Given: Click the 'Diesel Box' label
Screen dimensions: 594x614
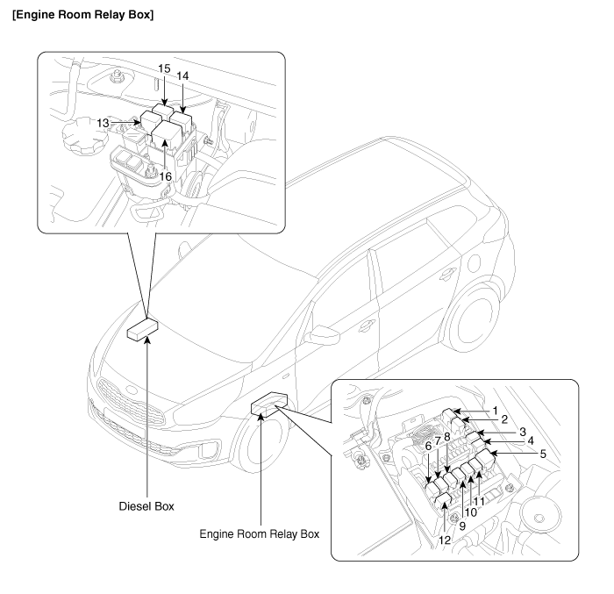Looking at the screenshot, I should [146, 506].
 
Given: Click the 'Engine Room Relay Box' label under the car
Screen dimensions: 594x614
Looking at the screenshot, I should [260, 533].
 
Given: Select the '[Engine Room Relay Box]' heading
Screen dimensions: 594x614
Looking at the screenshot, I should [83, 17].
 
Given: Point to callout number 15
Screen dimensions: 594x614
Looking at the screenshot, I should [164, 68].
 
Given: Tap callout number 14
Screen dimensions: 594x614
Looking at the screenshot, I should [183, 76].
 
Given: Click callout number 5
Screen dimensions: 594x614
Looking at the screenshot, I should [543, 454].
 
